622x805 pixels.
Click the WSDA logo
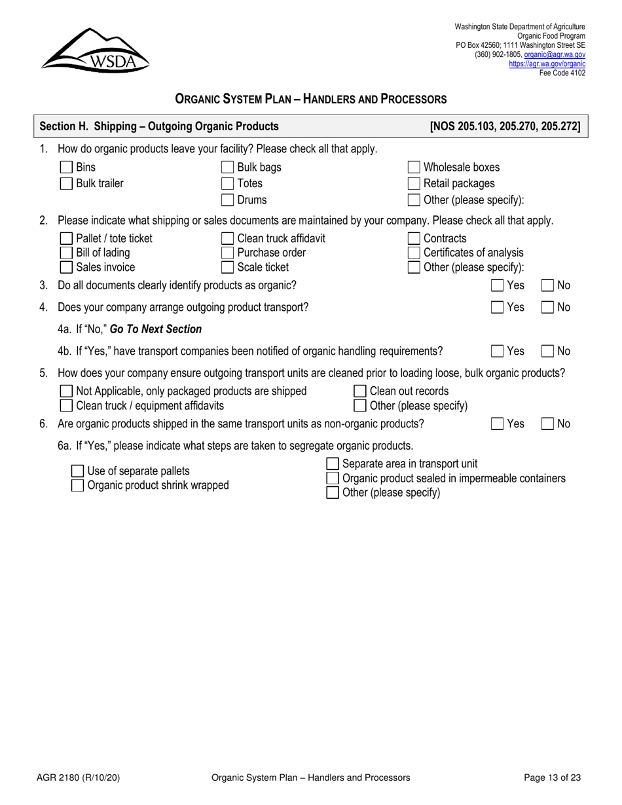coord(96,50)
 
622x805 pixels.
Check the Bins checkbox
coord(66,168)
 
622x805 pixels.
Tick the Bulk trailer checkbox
coord(66,184)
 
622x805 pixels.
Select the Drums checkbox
coord(227,200)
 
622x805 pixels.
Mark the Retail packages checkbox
coord(414,184)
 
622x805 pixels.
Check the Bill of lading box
coord(66,253)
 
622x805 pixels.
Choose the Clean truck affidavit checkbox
coord(227,238)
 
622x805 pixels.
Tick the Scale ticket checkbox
coord(227,267)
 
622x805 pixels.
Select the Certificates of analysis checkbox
coord(414,253)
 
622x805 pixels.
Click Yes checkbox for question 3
coord(498,285)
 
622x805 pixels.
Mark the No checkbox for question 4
coord(547,308)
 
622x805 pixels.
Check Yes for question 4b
coord(498,351)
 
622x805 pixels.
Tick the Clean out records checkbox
coord(360,391)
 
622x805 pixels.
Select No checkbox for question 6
coord(547,424)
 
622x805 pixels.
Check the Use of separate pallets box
coord(77,471)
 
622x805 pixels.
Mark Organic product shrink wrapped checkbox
coord(77,486)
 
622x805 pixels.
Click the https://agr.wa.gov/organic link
coord(547,64)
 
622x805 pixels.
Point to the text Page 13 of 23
coord(553,778)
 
